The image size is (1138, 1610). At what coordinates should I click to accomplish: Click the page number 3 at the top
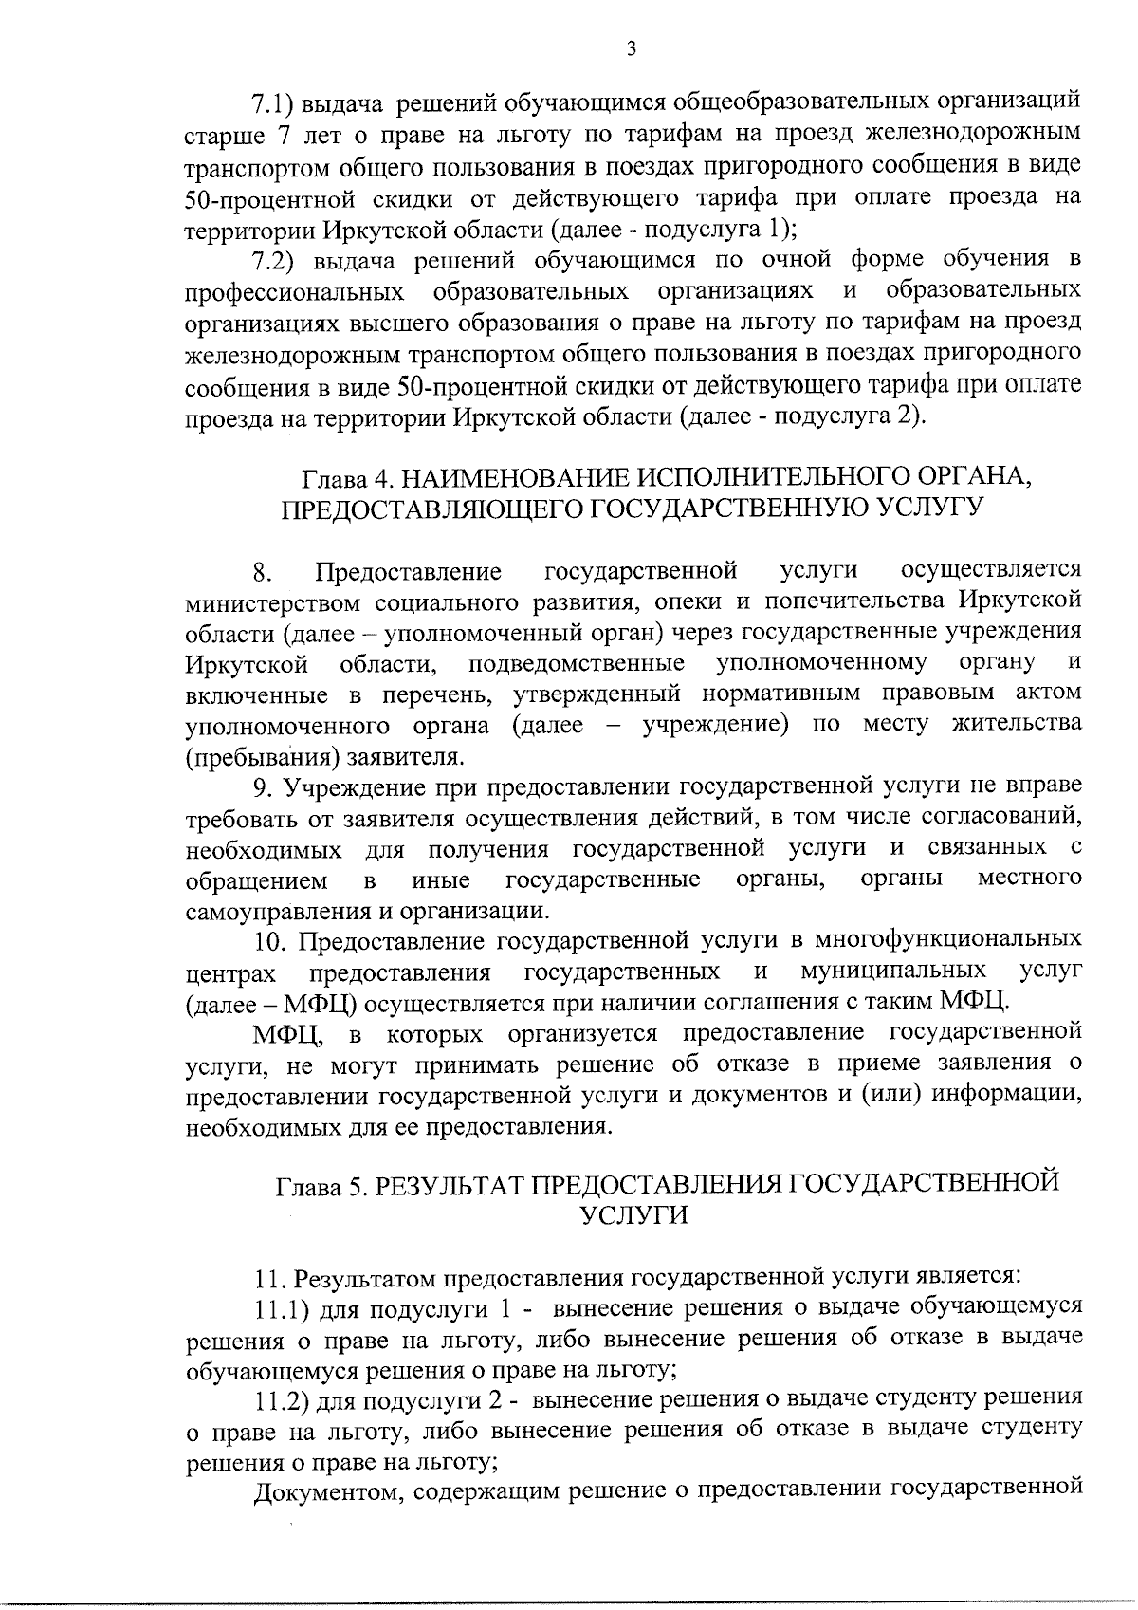coord(631,48)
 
